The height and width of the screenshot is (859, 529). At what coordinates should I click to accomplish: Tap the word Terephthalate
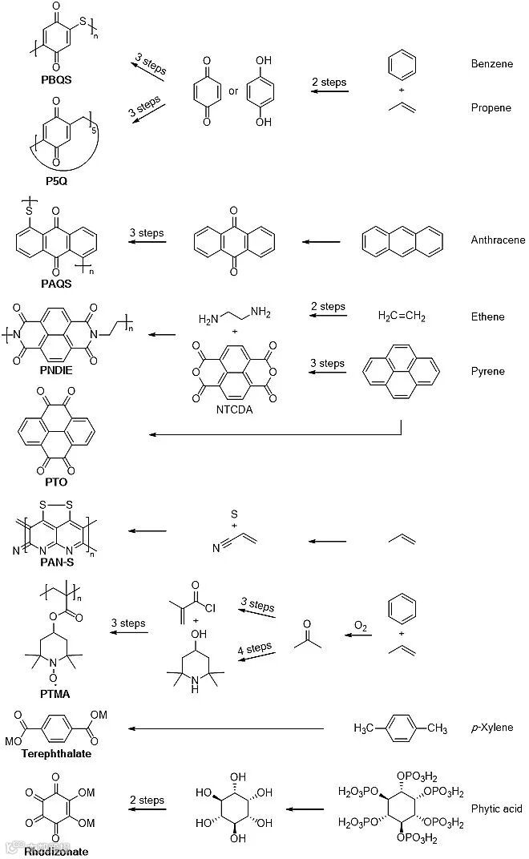(x=56, y=753)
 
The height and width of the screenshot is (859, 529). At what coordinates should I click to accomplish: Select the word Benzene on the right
(x=491, y=63)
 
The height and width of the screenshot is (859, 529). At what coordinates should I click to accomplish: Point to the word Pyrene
(x=487, y=371)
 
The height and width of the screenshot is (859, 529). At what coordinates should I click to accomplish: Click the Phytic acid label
(x=497, y=809)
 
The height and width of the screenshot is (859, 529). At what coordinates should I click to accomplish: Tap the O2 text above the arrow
(x=361, y=623)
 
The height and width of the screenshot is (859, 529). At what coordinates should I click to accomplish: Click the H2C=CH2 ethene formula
(x=402, y=317)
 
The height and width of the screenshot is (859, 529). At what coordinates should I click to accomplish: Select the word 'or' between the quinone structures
(x=233, y=91)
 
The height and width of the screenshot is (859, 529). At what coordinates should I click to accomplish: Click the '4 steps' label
(x=256, y=647)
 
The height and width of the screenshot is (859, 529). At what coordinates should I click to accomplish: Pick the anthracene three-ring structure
(x=402, y=240)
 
